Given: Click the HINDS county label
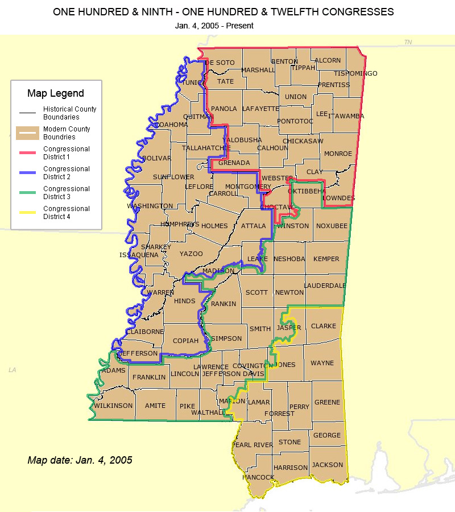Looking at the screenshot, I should pos(185,302).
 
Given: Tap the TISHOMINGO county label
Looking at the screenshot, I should pos(355,74).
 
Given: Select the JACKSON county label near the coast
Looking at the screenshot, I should pos(328,465).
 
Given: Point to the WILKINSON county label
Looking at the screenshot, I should pos(113,406).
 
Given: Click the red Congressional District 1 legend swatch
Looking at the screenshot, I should pos(27,152).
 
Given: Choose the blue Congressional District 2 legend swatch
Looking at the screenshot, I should pos(27,172).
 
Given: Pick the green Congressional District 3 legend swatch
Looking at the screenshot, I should pos(27,192).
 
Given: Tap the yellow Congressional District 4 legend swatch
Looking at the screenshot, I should pos(27,212).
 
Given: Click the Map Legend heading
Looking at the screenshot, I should pos(56,93).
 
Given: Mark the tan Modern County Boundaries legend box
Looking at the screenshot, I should pos(27,133).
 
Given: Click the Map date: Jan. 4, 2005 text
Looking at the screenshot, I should pos(80,460).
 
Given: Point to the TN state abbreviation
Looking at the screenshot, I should pos(408,43).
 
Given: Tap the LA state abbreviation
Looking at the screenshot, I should pos(13,370).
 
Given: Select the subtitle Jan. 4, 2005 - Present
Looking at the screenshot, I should pos(215,26).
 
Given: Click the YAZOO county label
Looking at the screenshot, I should pos(191,254).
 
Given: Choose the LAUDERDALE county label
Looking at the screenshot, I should pos(325,286).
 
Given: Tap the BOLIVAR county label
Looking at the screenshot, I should pos(156,158).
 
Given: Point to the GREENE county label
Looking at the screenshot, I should pos(327,402).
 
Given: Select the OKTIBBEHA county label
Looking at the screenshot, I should pos(307,192).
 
